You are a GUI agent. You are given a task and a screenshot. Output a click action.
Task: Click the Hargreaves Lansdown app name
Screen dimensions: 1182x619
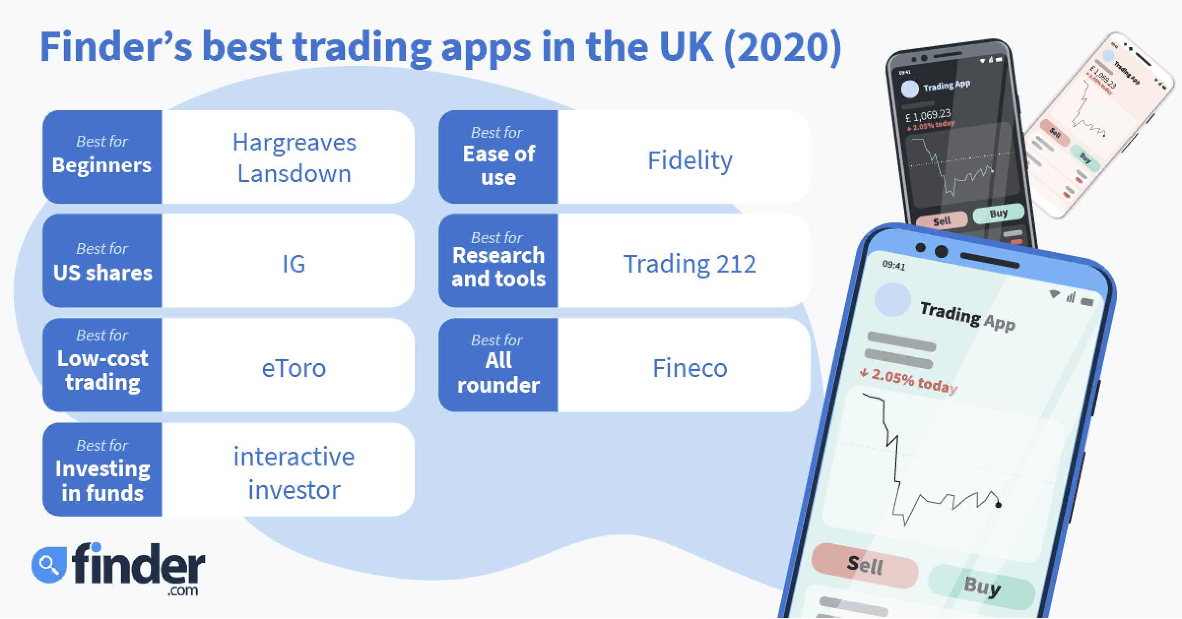coord(294,158)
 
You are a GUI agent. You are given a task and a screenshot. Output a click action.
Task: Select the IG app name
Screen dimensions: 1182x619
coord(294,264)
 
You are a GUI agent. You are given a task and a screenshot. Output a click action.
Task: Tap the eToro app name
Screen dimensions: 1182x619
coord(294,368)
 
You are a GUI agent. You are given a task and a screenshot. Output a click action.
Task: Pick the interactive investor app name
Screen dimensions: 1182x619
coord(294,473)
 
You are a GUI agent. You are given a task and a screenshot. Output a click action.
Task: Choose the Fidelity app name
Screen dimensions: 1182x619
coord(690,160)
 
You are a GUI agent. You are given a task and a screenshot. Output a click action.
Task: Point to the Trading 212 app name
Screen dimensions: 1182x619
coord(689,264)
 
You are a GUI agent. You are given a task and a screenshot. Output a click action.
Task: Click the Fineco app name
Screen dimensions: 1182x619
coord(690,368)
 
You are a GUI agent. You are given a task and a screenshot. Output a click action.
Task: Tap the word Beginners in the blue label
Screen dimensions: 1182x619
coord(101,165)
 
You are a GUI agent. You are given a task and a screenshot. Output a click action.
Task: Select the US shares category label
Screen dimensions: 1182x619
coord(103,273)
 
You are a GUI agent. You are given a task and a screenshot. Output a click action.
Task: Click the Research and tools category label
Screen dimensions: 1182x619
coord(498,267)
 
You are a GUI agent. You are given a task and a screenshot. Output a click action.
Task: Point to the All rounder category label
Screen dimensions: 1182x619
coord(498,372)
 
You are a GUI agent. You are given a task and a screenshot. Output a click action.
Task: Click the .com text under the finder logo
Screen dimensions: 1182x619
coord(183,590)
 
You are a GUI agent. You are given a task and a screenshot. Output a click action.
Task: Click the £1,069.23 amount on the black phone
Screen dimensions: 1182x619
coord(928,116)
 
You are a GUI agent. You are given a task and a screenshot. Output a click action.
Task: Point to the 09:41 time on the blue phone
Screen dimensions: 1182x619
coord(894,265)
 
